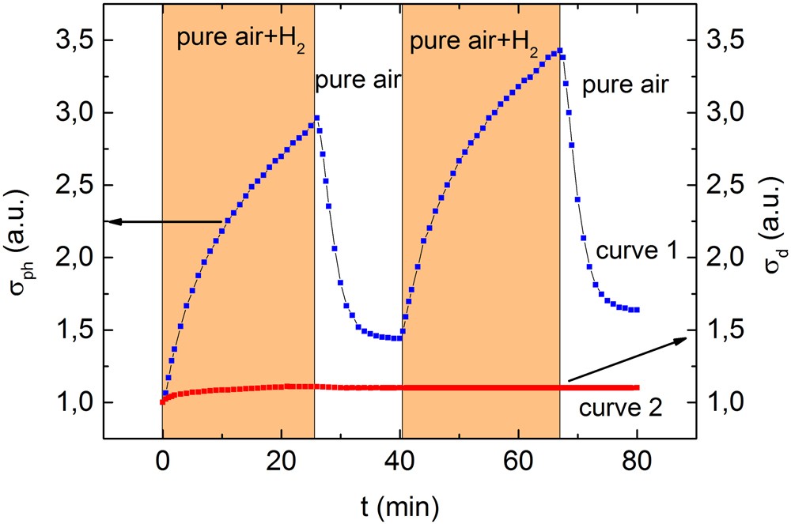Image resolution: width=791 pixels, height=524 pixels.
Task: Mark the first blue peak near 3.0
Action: (316, 119)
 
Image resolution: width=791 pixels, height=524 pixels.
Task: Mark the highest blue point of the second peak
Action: (559, 51)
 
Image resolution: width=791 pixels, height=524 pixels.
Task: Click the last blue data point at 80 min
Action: (636, 310)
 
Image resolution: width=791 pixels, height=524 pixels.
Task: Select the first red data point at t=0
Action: (162, 401)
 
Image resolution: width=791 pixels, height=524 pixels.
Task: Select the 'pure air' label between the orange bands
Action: (358, 80)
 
